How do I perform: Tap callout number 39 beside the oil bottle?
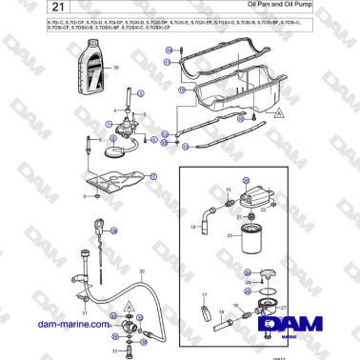pyautogui.click(x=116, y=70)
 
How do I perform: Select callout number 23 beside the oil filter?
pyautogui.click(x=229, y=235)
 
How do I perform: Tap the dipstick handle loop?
pyautogui.click(x=98, y=226)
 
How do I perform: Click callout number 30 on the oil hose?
pyautogui.click(x=142, y=273)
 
